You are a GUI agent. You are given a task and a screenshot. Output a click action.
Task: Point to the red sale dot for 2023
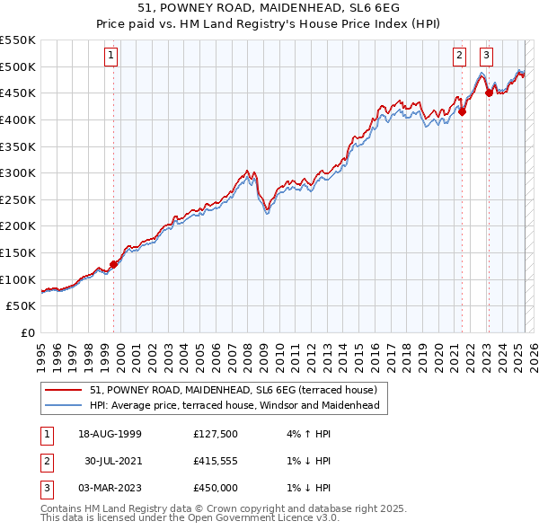tap(489, 92)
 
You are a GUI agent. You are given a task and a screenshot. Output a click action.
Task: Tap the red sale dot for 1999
tap(114, 264)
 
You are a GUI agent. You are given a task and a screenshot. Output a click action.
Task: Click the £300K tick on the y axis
tap(19, 172)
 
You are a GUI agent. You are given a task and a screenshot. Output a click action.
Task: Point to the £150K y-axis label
tap(19, 252)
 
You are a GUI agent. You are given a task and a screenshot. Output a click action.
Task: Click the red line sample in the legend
tap(64, 390)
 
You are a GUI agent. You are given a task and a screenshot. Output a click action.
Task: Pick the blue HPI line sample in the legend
tap(64, 405)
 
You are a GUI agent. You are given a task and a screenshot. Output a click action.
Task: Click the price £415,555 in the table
tap(216, 461)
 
